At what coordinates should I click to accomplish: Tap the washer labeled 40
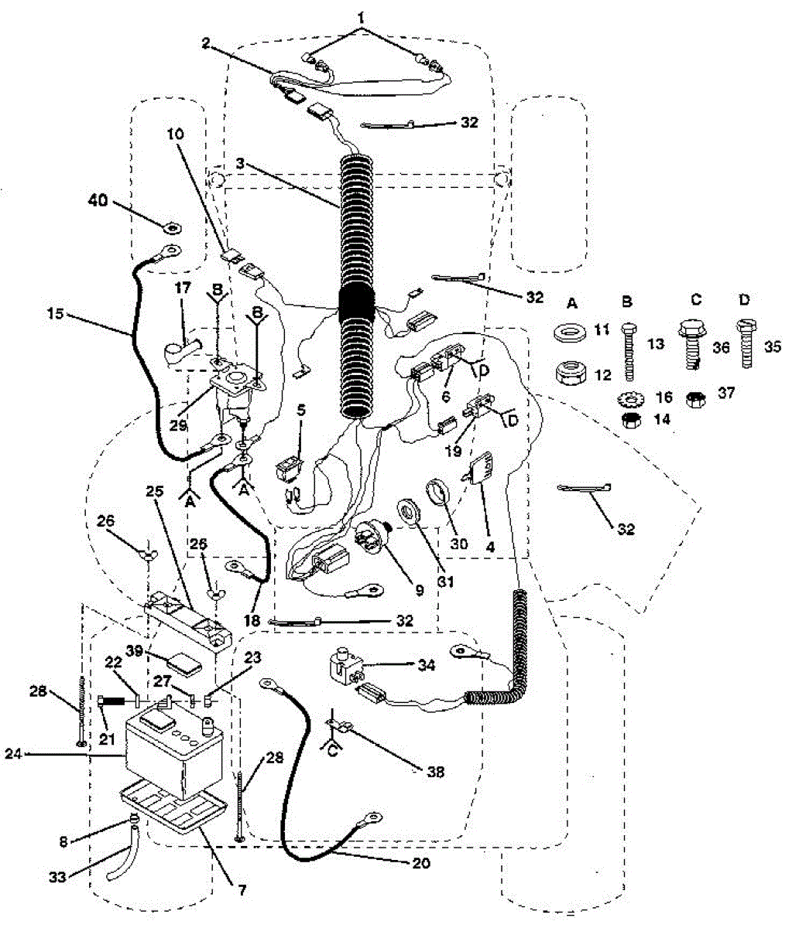[171, 227]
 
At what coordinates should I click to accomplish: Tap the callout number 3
[241, 163]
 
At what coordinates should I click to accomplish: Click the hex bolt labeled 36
[691, 343]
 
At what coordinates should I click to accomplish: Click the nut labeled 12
[571, 374]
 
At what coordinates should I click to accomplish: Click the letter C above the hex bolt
[696, 299]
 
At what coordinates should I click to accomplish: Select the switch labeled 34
[341, 664]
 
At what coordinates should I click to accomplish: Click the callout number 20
[421, 863]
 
